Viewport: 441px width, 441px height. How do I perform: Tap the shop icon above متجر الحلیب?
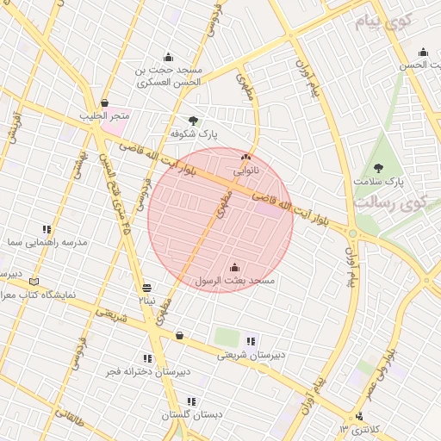(x=104, y=102)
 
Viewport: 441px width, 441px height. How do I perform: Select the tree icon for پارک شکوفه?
(x=193, y=121)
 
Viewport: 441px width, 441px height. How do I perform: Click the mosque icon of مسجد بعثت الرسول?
(x=236, y=267)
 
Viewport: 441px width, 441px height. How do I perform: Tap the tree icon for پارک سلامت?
(x=378, y=168)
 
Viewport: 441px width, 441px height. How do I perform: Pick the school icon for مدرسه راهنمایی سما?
(x=47, y=229)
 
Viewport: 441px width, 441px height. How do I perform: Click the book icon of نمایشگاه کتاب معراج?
(x=34, y=281)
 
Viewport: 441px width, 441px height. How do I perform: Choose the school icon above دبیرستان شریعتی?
(x=251, y=341)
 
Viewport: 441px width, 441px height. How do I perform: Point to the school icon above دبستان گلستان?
(x=191, y=401)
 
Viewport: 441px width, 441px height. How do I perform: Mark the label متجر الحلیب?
(x=105, y=115)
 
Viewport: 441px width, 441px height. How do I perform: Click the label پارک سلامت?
(x=378, y=182)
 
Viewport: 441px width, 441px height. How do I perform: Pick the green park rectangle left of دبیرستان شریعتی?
(x=227, y=337)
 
